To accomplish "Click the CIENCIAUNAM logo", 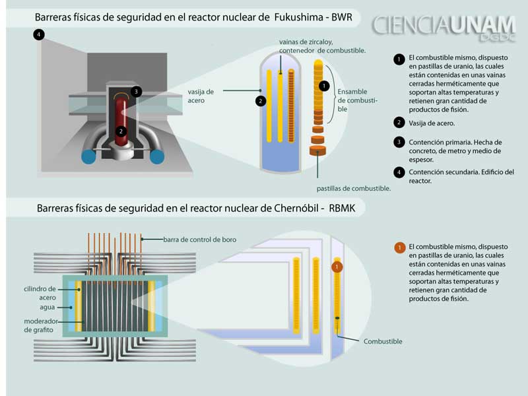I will (444, 27).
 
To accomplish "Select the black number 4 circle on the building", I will (39, 34).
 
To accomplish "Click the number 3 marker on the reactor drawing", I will (136, 91).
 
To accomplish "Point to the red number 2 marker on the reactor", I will (121, 131).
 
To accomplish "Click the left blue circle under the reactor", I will (88, 156).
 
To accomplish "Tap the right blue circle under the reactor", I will (156, 156).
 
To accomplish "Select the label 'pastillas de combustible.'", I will (353, 188).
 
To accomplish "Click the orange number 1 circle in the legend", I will (399, 248).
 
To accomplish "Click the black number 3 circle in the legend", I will (399, 143).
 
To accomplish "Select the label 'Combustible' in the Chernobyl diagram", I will (383, 341).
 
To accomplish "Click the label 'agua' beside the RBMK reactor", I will (48, 308).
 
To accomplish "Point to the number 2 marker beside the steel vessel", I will (261, 101).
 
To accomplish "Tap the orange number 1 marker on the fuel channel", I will (337, 267).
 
